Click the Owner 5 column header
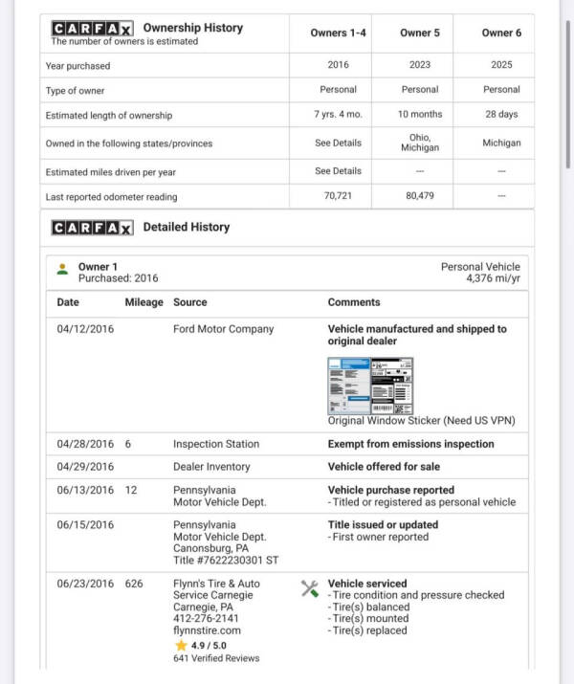(420, 33)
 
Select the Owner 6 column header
(501, 33)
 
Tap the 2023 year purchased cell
(420, 65)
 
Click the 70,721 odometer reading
(339, 196)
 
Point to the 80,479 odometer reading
(420, 196)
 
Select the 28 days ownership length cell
(501, 115)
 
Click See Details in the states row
(339, 143)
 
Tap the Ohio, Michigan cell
(420, 143)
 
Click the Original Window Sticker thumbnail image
(370, 384)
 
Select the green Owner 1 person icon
(62, 269)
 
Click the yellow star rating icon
(180, 645)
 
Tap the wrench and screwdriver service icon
(310, 588)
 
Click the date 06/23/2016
(85, 584)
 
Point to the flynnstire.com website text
(207, 630)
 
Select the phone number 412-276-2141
(207, 619)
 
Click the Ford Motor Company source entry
(223, 329)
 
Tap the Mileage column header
(143, 302)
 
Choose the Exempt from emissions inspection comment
(410, 444)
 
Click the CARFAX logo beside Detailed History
(92, 228)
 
